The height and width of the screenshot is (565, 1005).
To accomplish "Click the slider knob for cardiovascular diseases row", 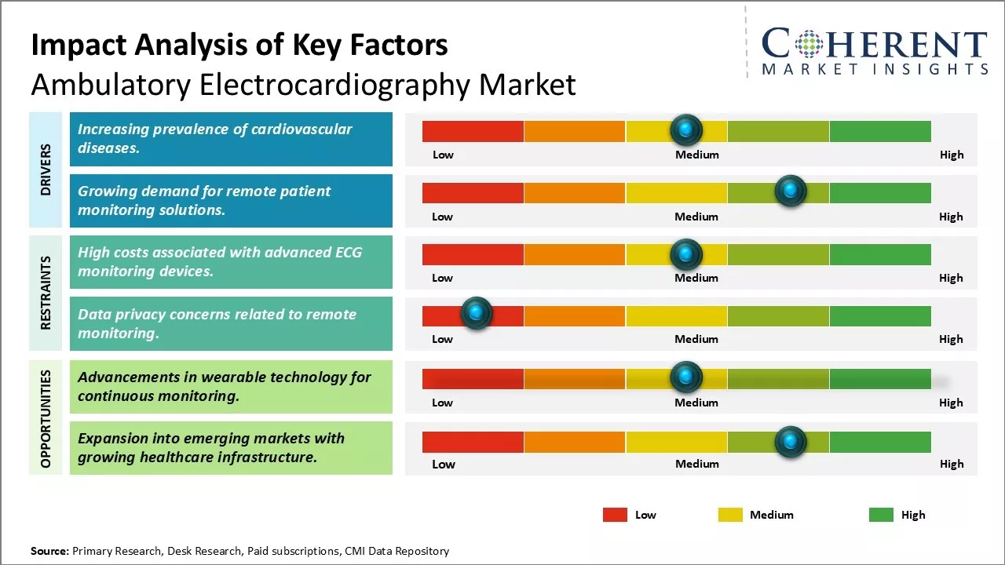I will click(686, 129).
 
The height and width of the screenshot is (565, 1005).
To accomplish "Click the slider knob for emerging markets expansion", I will click(790, 442).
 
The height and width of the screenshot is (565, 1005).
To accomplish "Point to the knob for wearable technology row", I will click(686, 377).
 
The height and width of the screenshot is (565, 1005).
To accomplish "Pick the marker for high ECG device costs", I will click(686, 253).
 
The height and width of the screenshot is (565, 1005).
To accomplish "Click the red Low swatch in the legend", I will click(615, 515).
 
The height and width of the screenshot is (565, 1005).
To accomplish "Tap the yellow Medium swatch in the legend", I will click(730, 515).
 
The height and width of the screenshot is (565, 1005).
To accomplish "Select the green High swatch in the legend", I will click(881, 515).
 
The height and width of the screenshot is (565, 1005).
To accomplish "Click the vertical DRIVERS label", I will click(46, 169).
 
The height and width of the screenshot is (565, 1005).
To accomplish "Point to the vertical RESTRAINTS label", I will click(46, 293).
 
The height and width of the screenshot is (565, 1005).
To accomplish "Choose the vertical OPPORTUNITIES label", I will click(46, 418).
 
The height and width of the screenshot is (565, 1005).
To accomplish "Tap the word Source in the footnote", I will click(49, 551).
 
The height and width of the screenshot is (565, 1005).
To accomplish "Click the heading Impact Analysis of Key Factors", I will click(239, 46).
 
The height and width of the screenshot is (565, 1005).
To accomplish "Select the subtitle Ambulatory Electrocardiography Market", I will click(303, 84).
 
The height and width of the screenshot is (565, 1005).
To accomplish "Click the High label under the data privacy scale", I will click(951, 339).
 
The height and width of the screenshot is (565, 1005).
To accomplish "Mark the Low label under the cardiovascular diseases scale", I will click(443, 155).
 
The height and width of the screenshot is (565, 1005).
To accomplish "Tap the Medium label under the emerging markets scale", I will click(697, 464).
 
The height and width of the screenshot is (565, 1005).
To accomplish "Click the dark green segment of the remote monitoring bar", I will click(879, 192).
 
